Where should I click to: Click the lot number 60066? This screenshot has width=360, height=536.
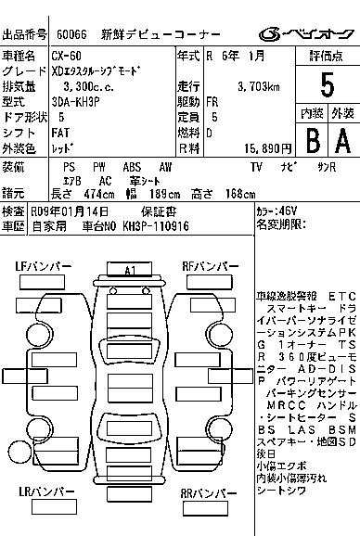[x=71, y=36]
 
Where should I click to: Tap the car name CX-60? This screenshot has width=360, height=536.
[x=65, y=57]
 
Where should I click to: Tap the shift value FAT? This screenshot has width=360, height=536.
[x=59, y=132]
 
